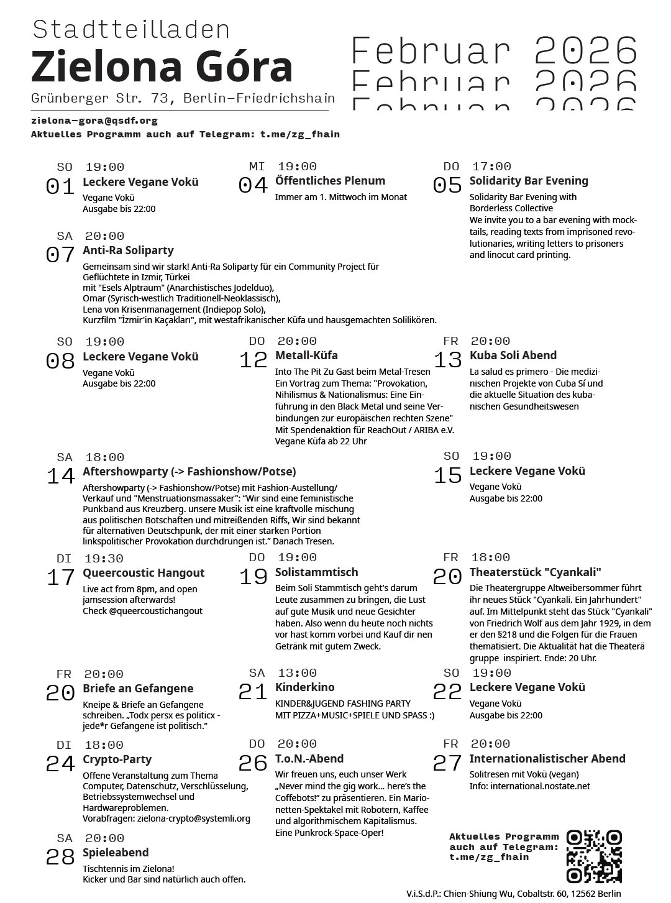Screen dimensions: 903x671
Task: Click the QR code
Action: pyautogui.click(x=594, y=856)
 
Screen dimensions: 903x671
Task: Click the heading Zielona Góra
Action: pyautogui.click(x=162, y=67)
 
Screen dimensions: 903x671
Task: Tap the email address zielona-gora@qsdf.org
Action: pyautogui.click(x=94, y=121)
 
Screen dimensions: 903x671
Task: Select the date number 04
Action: pyautogui.click(x=253, y=185)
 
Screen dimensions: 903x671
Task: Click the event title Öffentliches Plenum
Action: pyautogui.click(x=330, y=181)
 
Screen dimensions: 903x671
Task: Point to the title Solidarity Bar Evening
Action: pyautogui.click(x=528, y=181)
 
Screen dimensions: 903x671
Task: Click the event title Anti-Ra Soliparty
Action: pyautogui.click(x=128, y=250)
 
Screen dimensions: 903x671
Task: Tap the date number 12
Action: pyautogui.click(x=253, y=360)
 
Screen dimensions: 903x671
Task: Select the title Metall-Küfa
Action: pyautogui.click(x=306, y=355)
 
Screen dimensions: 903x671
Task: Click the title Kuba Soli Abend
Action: pyautogui.click(x=513, y=355)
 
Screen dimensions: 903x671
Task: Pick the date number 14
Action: pyautogui.click(x=61, y=476)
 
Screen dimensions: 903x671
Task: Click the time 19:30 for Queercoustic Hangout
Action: pyautogui.click(x=104, y=558)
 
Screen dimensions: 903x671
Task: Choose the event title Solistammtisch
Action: pyautogui.click(x=316, y=572)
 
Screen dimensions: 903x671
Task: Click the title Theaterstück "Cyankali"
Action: pyautogui.click(x=535, y=572)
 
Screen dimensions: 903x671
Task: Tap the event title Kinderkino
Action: pyautogui.click(x=304, y=687)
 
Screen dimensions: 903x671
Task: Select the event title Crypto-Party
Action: pyautogui.click(x=117, y=759)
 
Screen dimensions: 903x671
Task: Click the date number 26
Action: pyautogui.click(x=253, y=763)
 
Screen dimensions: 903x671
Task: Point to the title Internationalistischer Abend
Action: pyautogui.click(x=547, y=759)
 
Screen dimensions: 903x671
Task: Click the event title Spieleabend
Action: pyautogui.click(x=116, y=853)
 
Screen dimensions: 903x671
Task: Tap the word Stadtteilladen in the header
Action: pyautogui.click(x=131, y=30)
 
